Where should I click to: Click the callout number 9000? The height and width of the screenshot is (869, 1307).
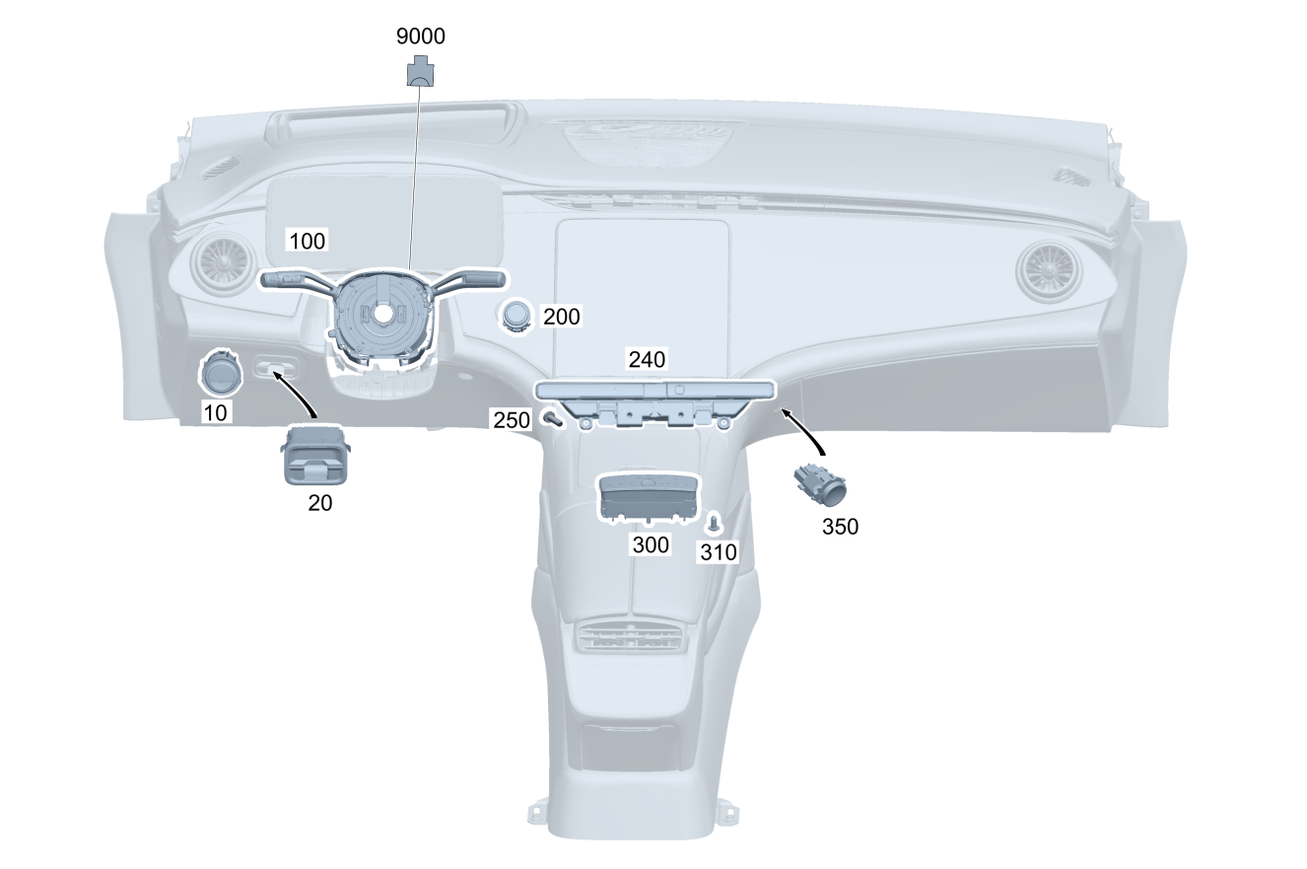click(x=421, y=36)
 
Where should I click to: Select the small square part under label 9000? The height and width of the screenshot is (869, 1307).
click(x=421, y=70)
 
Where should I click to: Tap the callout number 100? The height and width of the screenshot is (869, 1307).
click(x=306, y=240)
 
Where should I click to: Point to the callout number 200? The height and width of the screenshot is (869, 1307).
click(x=562, y=317)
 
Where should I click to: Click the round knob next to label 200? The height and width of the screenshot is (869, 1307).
click(x=517, y=315)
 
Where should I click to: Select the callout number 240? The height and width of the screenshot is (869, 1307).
click(x=649, y=359)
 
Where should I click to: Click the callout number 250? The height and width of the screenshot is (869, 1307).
click(x=512, y=420)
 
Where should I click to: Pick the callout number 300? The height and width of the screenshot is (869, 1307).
click(x=650, y=544)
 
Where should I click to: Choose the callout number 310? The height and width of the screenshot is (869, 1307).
click(x=718, y=552)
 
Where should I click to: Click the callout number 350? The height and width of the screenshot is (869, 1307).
click(x=840, y=527)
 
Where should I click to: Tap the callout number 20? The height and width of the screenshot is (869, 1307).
click(x=319, y=502)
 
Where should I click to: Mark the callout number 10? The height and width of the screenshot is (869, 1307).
click(x=216, y=412)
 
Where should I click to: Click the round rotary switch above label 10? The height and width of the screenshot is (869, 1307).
click(x=220, y=372)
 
